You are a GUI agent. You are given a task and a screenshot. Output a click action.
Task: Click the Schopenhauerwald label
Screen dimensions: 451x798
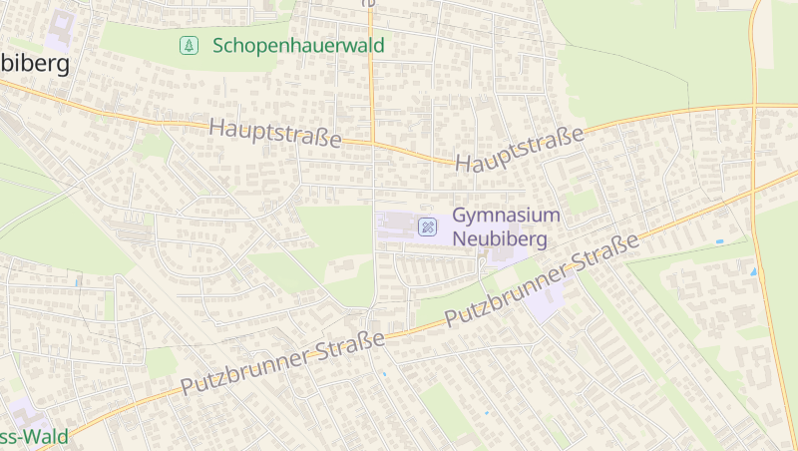[x=298, y=46]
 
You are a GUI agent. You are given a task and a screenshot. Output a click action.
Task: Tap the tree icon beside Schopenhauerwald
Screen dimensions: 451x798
[x=188, y=45]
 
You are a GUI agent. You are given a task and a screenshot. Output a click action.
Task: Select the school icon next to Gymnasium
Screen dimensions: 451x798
[x=427, y=228]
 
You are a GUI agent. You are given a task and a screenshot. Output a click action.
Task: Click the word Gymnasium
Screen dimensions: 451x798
[x=507, y=216]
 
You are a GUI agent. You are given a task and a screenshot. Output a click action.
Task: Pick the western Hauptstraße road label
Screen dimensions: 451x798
[x=275, y=134]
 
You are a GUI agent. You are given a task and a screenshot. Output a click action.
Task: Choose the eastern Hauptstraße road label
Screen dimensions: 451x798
[x=519, y=149]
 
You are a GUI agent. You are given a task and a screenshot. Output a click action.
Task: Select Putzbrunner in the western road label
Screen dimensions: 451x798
[x=247, y=370]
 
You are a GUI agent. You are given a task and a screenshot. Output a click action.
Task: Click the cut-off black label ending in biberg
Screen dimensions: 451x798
[x=35, y=64]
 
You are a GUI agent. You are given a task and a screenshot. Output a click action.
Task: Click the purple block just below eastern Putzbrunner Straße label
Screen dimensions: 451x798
[x=545, y=299]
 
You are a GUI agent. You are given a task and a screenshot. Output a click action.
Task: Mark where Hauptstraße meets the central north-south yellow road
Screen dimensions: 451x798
[x=372, y=144]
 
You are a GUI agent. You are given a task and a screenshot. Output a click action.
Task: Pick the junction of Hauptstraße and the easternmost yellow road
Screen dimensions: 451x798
[x=753, y=105]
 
